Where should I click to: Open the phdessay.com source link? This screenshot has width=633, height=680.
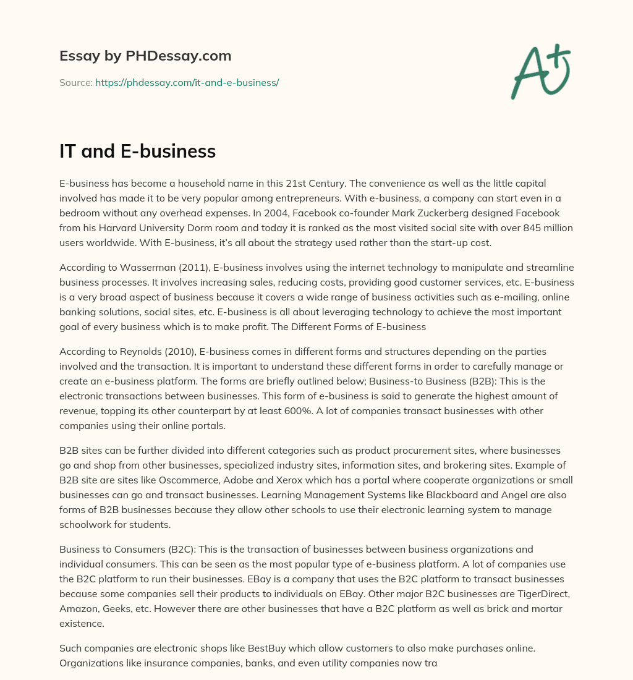click(187, 82)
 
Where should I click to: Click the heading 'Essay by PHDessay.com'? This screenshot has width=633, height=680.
click(145, 56)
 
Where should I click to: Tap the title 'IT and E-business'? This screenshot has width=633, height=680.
click(137, 151)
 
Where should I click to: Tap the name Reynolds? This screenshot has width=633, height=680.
click(132, 351)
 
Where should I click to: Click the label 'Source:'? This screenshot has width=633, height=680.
click(75, 82)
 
